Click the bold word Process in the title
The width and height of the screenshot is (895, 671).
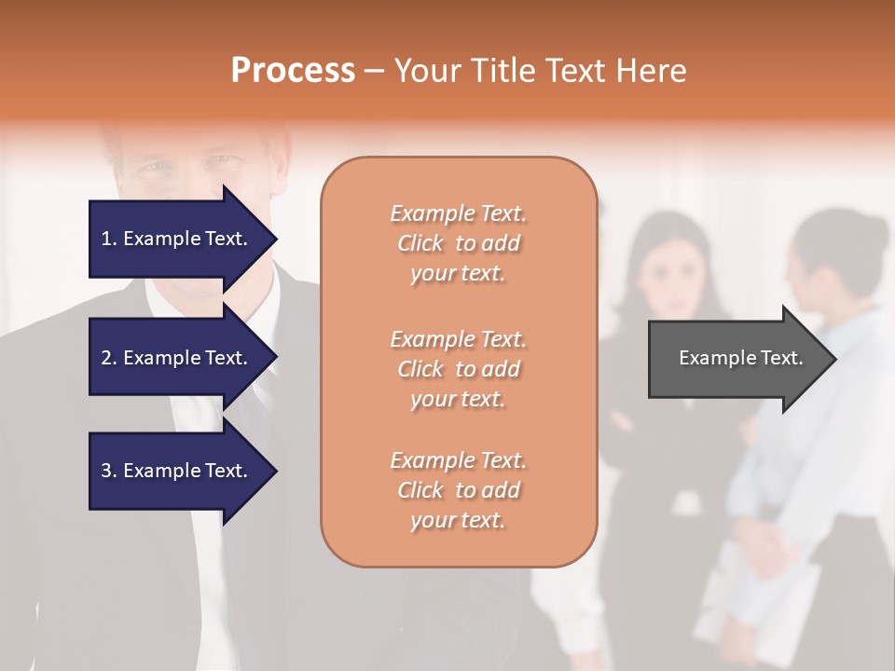pyautogui.click(x=293, y=71)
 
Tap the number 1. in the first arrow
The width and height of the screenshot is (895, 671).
pyautogui.click(x=109, y=239)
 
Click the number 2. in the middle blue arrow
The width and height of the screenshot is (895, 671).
pyautogui.click(x=109, y=358)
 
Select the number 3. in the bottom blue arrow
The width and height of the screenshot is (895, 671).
pyautogui.click(x=109, y=471)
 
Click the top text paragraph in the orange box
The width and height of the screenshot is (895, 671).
pyautogui.click(x=458, y=243)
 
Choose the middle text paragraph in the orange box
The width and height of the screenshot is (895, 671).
pyautogui.click(x=458, y=369)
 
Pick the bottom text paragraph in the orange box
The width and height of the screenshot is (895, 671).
pyautogui.click(x=458, y=490)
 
